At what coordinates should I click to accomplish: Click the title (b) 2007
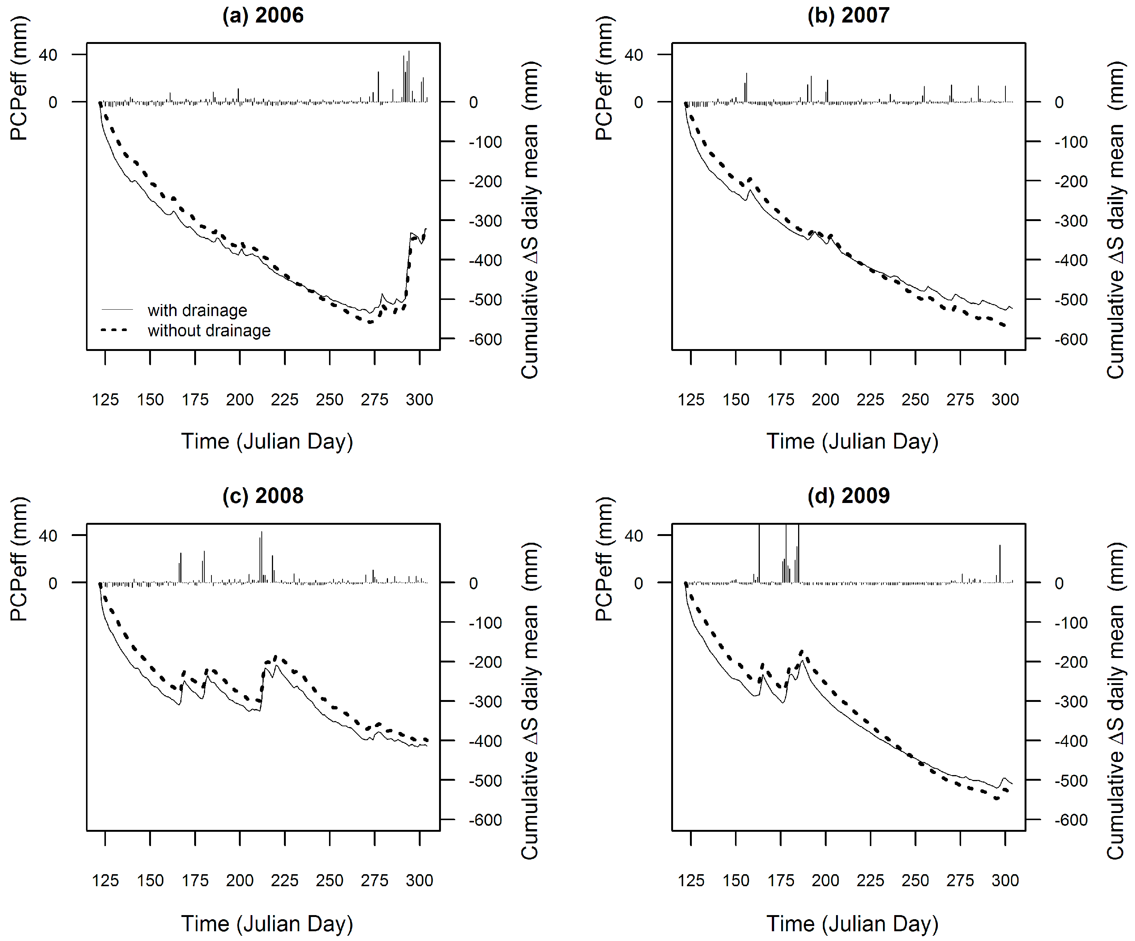tap(848, 15)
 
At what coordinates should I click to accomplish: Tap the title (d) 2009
tap(848, 495)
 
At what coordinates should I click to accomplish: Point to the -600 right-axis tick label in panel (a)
tap(485, 339)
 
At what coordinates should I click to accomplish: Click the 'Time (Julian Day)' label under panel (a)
tap(267, 441)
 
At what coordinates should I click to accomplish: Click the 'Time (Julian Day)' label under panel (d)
tap(852, 923)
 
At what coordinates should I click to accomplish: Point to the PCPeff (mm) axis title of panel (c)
tap(19, 559)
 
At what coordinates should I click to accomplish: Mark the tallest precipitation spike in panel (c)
tap(261, 556)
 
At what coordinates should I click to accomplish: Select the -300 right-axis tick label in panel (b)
tap(1071, 221)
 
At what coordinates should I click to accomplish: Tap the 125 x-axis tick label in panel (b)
tap(691, 400)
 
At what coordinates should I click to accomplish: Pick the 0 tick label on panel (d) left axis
tap(638, 583)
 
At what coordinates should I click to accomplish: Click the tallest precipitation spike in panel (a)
tap(409, 75)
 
